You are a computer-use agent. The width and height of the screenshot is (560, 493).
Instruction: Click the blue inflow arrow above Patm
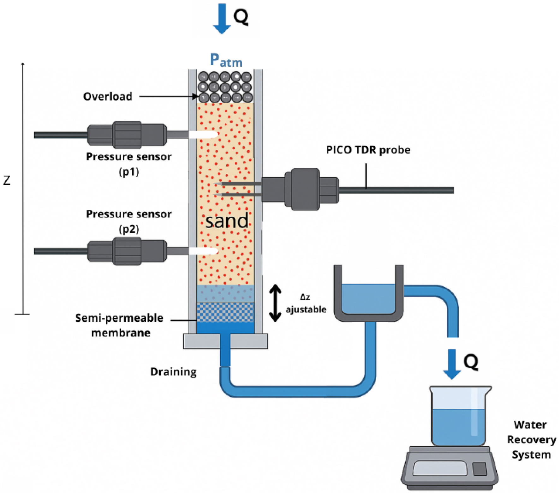222,18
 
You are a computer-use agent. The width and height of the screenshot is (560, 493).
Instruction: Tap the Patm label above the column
226,60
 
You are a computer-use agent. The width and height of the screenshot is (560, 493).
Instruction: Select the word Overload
108,96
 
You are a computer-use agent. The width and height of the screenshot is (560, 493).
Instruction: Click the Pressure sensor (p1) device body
127,135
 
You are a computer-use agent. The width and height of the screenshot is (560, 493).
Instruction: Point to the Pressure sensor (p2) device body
127,251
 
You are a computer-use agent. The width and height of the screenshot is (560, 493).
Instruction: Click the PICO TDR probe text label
368,150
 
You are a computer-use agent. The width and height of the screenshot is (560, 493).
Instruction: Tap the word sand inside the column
227,221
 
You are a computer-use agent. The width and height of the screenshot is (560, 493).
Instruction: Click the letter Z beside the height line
7,181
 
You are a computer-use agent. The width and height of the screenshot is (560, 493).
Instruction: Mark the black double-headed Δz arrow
275,303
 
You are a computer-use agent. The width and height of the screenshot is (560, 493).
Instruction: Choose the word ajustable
306,309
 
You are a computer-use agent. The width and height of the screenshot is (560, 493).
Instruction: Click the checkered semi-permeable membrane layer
225,312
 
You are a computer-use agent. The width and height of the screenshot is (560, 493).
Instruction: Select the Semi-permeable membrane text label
120,325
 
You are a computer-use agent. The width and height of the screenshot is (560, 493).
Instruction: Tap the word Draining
173,372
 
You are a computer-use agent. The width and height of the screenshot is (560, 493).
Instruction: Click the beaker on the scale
458,417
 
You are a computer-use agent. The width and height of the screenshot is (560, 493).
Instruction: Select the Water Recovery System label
531,439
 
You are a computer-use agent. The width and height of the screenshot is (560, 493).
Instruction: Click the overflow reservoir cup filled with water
368,298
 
